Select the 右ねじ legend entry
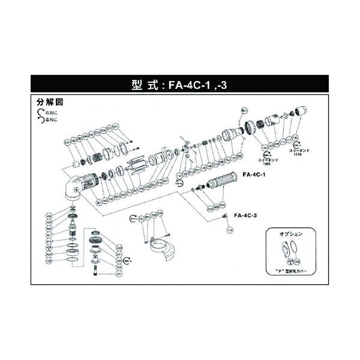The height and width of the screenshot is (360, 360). (50, 112)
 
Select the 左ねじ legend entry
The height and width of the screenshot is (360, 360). (50, 119)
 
